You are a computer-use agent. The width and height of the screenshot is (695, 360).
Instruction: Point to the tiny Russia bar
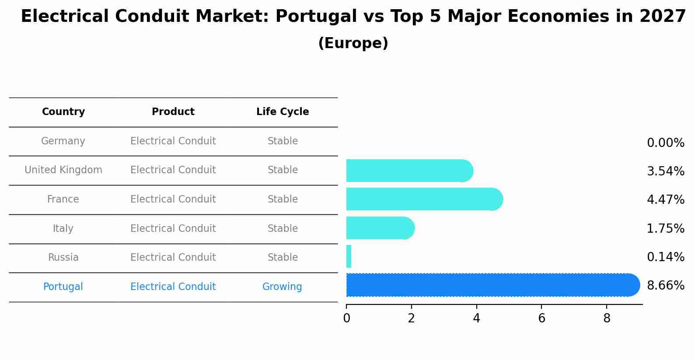tap(349, 256)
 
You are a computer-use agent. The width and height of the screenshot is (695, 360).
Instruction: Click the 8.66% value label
tap(665, 286)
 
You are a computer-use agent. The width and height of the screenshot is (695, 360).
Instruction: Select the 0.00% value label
tap(665, 143)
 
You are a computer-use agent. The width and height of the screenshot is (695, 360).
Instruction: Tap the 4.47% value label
tap(665, 200)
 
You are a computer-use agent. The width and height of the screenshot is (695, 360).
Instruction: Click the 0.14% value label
tap(665, 257)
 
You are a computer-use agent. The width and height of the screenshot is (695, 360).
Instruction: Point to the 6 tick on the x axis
tap(541, 318)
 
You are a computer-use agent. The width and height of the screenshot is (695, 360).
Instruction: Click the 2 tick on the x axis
tap(411, 318)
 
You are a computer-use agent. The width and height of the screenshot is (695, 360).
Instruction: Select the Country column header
tap(63, 112)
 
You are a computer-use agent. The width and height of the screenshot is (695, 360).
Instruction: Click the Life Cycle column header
tap(283, 112)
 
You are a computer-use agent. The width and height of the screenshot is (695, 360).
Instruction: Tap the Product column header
tap(173, 112)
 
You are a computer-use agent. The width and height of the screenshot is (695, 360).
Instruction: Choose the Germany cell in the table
tap(63, 141)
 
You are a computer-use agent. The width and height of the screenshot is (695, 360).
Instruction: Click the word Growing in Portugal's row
tap(282, 287)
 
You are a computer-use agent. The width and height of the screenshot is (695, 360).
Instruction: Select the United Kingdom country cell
tap(63, 170)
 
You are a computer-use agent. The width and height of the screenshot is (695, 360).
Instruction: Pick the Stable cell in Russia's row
tap(283, 258)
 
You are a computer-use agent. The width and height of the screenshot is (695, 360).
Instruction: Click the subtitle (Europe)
tap(353, 43)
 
